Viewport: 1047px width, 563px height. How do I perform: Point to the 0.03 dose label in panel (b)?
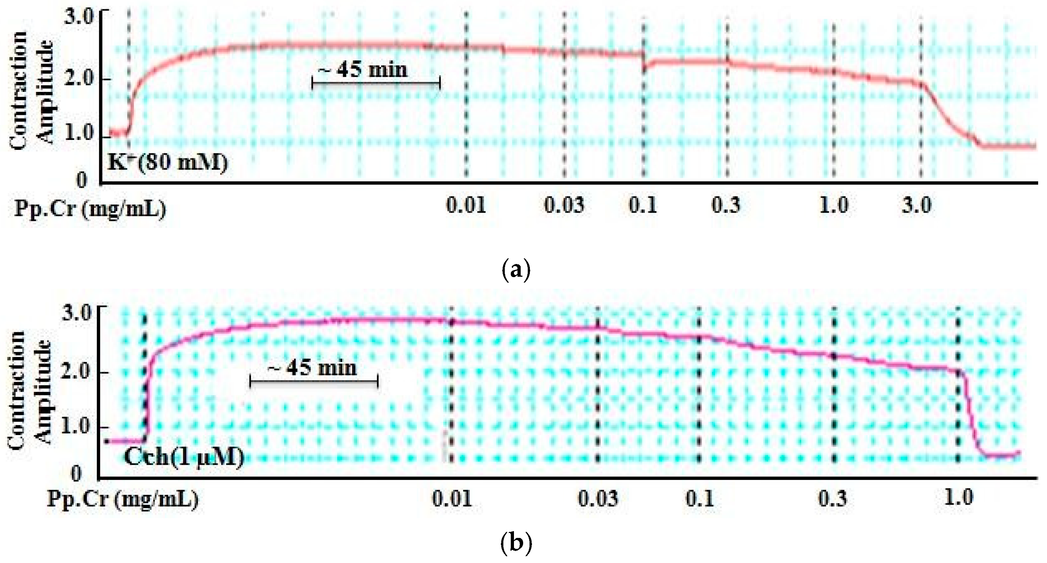tap(597, 498)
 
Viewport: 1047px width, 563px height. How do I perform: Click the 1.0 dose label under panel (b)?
tap(958, 498)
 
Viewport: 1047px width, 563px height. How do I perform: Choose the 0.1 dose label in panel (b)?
tap(700, 498)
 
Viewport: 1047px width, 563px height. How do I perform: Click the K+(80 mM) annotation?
tap(168, 162)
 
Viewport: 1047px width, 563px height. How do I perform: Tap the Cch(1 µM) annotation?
tap(184, 457)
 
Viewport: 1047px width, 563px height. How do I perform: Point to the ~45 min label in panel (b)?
tap(312, 368)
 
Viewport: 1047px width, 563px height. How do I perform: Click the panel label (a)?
tap(516, 270)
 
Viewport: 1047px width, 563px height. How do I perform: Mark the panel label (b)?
tap(516, 543)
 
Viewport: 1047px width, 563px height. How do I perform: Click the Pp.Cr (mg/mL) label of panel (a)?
tap(90, 209)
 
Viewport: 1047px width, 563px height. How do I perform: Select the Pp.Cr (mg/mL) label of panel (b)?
tap(123, 499)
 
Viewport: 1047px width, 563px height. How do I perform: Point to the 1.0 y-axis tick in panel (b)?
tap(76, 426)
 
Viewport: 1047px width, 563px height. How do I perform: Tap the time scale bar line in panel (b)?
tap(314, 382)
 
